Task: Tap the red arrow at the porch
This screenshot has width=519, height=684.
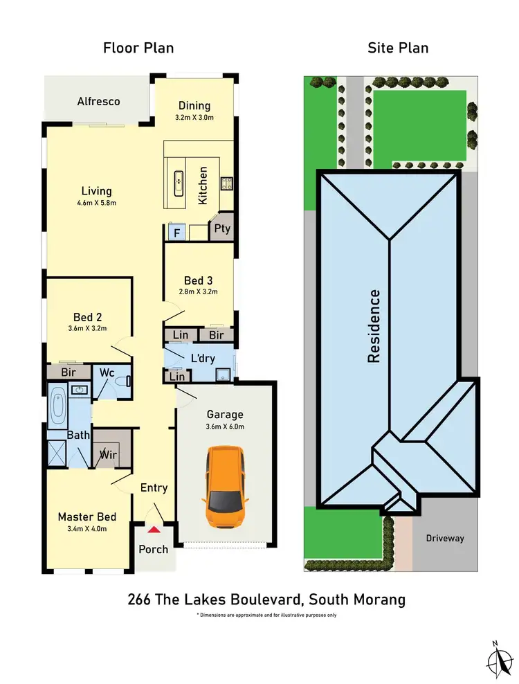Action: coord(154,530)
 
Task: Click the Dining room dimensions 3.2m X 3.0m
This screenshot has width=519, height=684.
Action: coord(194,118)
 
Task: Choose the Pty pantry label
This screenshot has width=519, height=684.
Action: coord(222,228)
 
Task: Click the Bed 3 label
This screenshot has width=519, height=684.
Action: coord(198,280)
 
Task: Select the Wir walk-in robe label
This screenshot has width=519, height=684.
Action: coord(109,455)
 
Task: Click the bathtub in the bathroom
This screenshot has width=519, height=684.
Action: coord(57,407)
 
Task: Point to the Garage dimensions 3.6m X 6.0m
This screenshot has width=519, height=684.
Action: coord(226,426)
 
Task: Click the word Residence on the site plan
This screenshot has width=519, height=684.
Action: coord(374,326)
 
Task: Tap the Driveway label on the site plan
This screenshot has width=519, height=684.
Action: coord(445,538)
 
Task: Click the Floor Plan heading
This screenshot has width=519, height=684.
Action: coord(138,48)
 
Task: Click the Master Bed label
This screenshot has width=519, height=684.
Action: coord(86,516)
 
